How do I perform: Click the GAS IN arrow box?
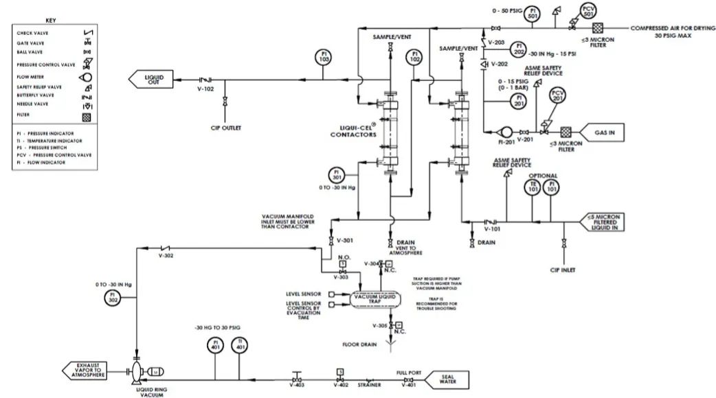601,132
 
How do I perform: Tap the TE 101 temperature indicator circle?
532,189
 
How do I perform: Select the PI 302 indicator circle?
114,296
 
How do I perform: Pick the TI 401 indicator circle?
240,344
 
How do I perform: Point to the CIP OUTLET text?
226,128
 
